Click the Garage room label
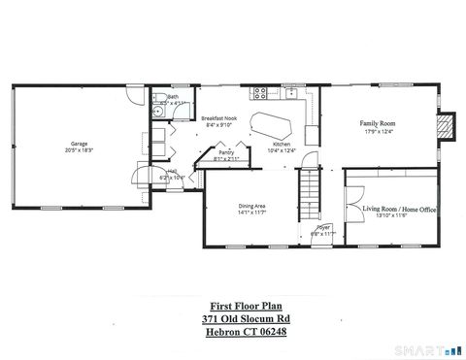point(80,143)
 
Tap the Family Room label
point(377,124)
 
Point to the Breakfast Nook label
point(219,118)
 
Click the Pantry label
point(225,153)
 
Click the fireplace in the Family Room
point(446,128)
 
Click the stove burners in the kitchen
point(259,93)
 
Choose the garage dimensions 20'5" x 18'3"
point(80,149)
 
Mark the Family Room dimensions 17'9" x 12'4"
point(377,131)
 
